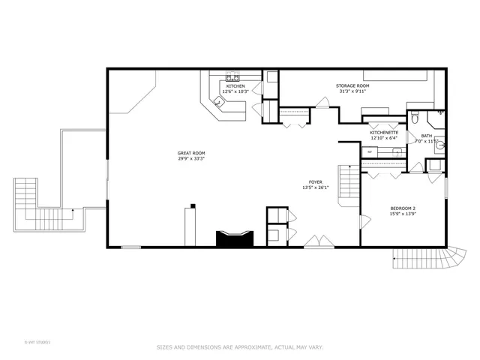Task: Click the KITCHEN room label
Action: (235, 86)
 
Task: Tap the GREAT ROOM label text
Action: (191, 153)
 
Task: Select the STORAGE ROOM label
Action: (352, 86)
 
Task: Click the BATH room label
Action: (426, 136)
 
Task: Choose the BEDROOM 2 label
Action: (403, 208)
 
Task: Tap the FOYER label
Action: (316, 182)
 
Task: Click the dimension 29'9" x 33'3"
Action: (191, 159)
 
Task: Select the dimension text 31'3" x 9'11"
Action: (352, 91)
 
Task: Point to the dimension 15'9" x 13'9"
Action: (403, 214)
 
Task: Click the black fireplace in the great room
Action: (235, 239)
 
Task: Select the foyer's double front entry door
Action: (319, 241)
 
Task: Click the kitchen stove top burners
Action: (233, 76)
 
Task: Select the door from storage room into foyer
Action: (320, 106)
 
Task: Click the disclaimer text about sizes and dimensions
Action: (240, 346)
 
